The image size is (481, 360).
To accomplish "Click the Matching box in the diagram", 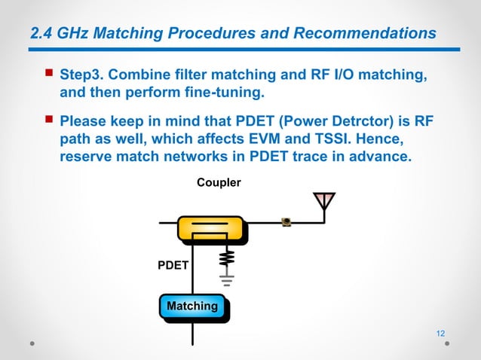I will pyautogui.click(x=192, y=307).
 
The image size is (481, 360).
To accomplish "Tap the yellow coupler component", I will pyautogui.click(x=210, y=228).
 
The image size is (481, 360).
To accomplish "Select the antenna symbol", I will pyautogui.click(x=324, y=201).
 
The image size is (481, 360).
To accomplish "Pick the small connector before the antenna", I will pyautogui.click(x=286, y=221).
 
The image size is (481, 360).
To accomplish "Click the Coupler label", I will pyautogui.click(x=219, y=182).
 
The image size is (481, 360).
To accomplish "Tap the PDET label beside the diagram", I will pyautogui.click(x=173, y=266).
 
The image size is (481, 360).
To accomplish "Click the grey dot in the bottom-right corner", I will pyautogui.click(x=447, y=343).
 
